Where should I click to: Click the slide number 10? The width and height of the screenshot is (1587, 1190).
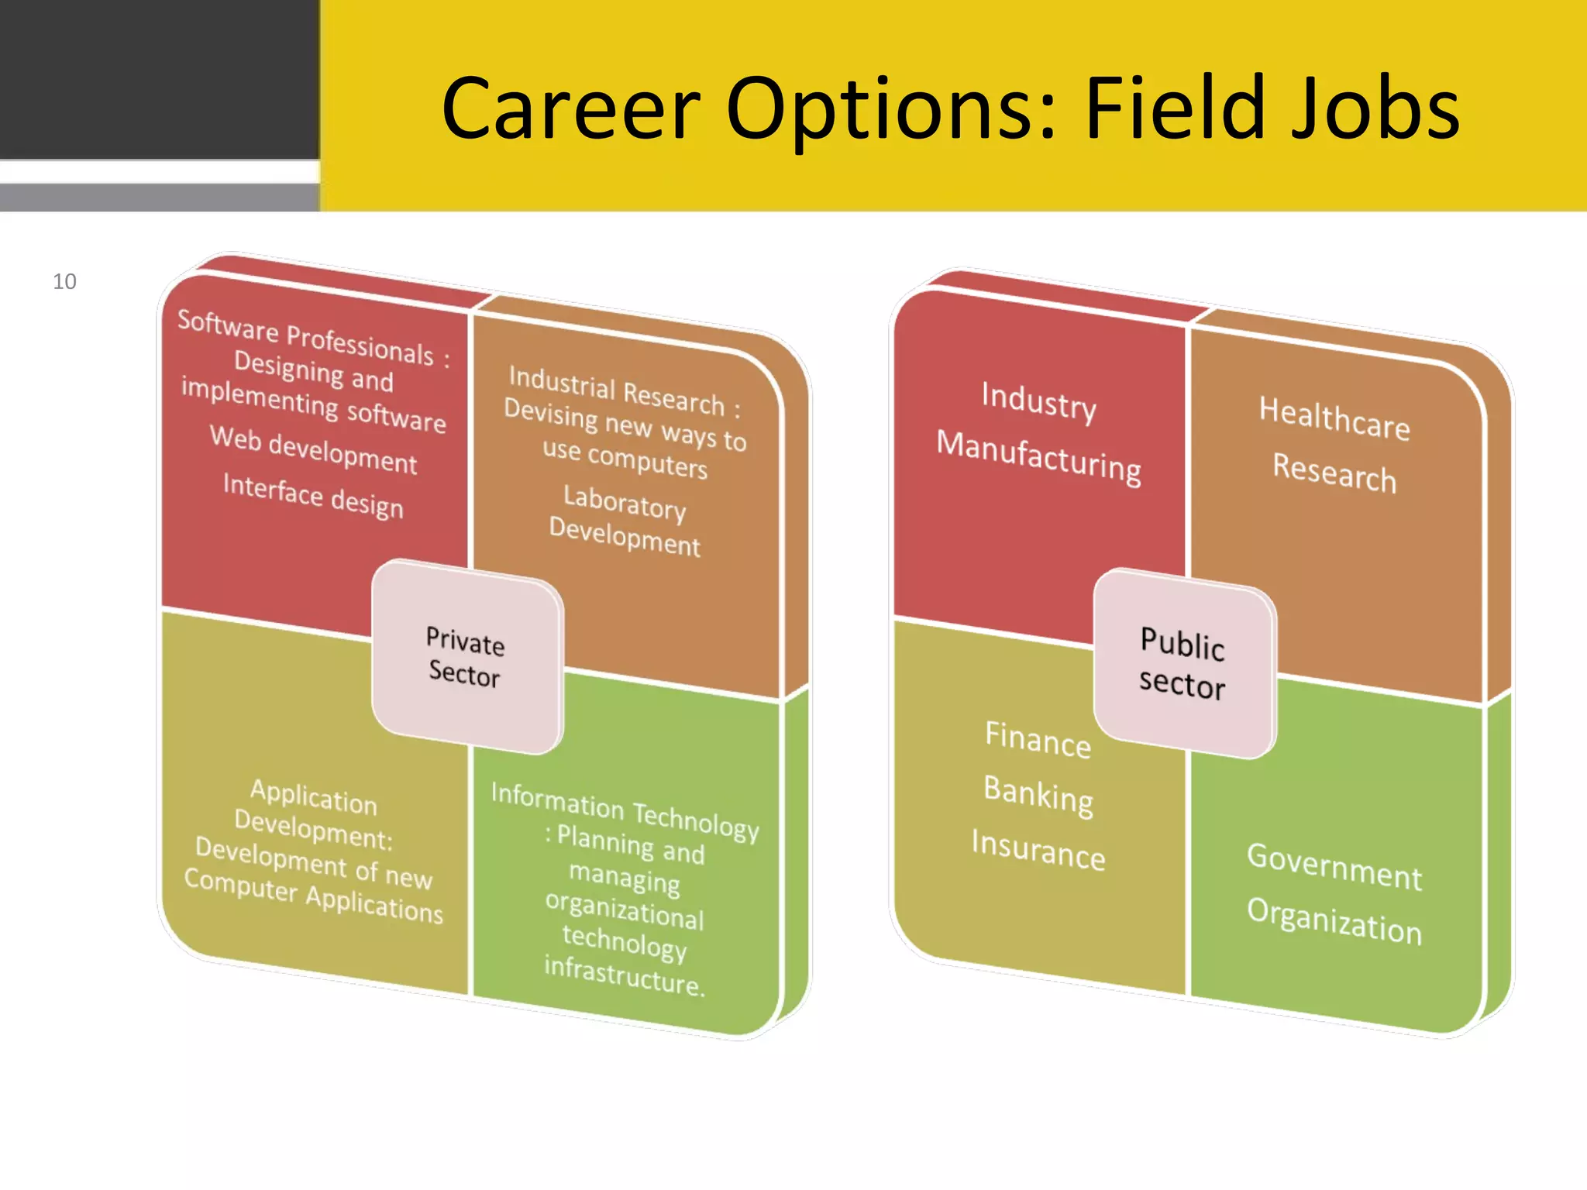click(64, 281)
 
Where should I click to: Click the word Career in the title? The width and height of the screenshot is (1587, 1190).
click(570, 109)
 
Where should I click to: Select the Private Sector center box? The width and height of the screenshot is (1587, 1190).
click(466, 657)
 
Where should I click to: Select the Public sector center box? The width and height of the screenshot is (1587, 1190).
click(1183, 664)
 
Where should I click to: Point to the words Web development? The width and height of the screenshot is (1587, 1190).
click(314, 449)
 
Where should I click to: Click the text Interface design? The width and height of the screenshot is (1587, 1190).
click(313, 496)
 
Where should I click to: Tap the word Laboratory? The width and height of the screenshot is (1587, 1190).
click(625, 502)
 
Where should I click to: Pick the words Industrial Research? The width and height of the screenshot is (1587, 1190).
click(616, 390)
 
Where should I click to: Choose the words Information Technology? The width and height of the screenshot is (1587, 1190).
click(625, 811)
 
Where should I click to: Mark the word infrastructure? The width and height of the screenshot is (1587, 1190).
click(624, 976)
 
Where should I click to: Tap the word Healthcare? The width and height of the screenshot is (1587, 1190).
click(1334, 418)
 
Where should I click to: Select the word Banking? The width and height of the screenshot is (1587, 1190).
click(1038, 795)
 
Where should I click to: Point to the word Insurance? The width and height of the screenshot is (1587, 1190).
click(1038, 850)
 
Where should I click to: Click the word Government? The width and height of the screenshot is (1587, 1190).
click(1334, 866)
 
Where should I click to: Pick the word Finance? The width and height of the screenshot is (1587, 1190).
click(1038, 740)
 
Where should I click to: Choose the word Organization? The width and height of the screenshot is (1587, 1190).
click(1334, 921)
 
